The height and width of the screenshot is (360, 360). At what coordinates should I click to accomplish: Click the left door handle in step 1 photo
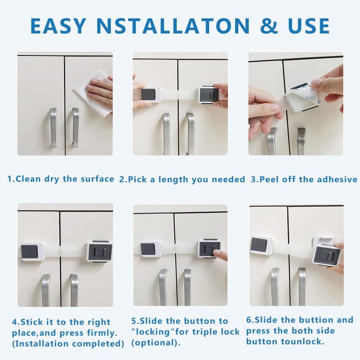(53, 128)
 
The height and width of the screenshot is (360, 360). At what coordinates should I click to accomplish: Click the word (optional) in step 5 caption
(156, 343)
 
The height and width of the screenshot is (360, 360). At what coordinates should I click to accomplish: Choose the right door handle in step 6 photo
(302, 287)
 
